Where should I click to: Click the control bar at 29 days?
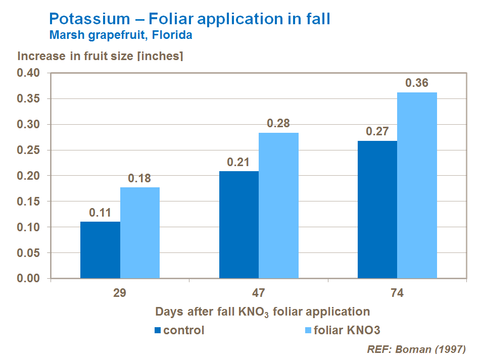tap(101, 250)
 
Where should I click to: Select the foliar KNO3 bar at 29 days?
tap(140, 233)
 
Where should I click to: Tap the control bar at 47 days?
tap(239, 225)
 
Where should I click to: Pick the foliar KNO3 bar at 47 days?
tap(278, 205)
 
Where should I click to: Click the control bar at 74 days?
tap(377, 210)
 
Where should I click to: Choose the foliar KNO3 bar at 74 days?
tap(417, 185)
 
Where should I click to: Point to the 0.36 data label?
tap(417, 83)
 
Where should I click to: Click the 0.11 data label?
tap(101, 213)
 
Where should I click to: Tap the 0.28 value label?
tap(278, 124)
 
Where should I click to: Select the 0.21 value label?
tap(239, 162)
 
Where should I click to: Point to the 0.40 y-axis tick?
tap(29, 73)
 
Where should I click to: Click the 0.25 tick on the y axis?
tap(29, 150)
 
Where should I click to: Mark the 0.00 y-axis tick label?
tap(29, 278)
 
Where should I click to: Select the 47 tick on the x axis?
tap(259, 293)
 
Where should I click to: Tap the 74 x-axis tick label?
tap(397, 293)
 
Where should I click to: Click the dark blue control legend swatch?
tap(158, 331)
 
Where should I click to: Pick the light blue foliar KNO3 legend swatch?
tap(307, 331)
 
